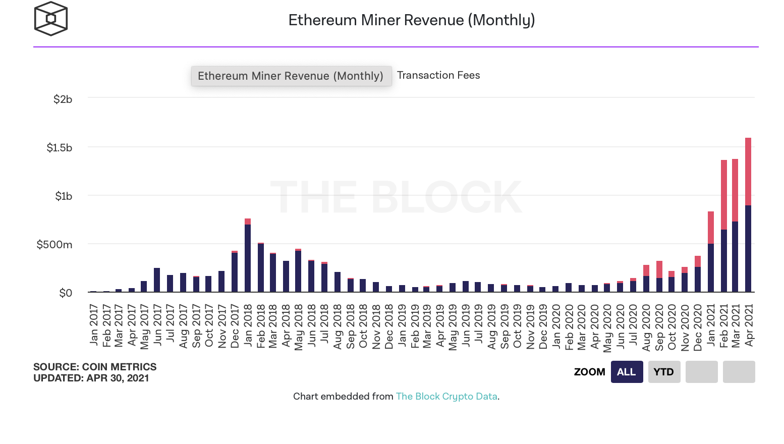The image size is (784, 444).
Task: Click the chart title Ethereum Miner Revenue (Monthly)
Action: pos(411,20)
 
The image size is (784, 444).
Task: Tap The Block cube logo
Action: pos(50,19)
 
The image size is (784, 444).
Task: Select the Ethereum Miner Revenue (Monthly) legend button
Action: pos(291,76)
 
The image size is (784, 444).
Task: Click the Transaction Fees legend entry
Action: pos(438,75)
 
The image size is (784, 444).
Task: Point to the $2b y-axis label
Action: pos(63,99)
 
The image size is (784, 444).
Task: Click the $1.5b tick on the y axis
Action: pos(60,148)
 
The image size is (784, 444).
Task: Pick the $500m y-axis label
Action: pos(54,245)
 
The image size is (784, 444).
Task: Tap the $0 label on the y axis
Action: pos(66,293)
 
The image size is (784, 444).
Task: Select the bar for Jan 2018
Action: pos(248,257)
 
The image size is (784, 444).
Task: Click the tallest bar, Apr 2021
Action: pos(748,217)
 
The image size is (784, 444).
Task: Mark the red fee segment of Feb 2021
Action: pos(724,194)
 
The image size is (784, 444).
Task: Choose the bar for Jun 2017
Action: pos(157,280)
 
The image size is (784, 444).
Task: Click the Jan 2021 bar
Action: pos(711,252)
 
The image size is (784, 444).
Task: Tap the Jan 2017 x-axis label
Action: pos(94,325)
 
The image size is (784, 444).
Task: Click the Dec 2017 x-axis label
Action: pos(235,326)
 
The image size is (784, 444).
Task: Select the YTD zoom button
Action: pos(664,372)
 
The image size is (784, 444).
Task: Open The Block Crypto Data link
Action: pos(446,397)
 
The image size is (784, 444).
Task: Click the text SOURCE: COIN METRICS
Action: pos(95,367)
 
